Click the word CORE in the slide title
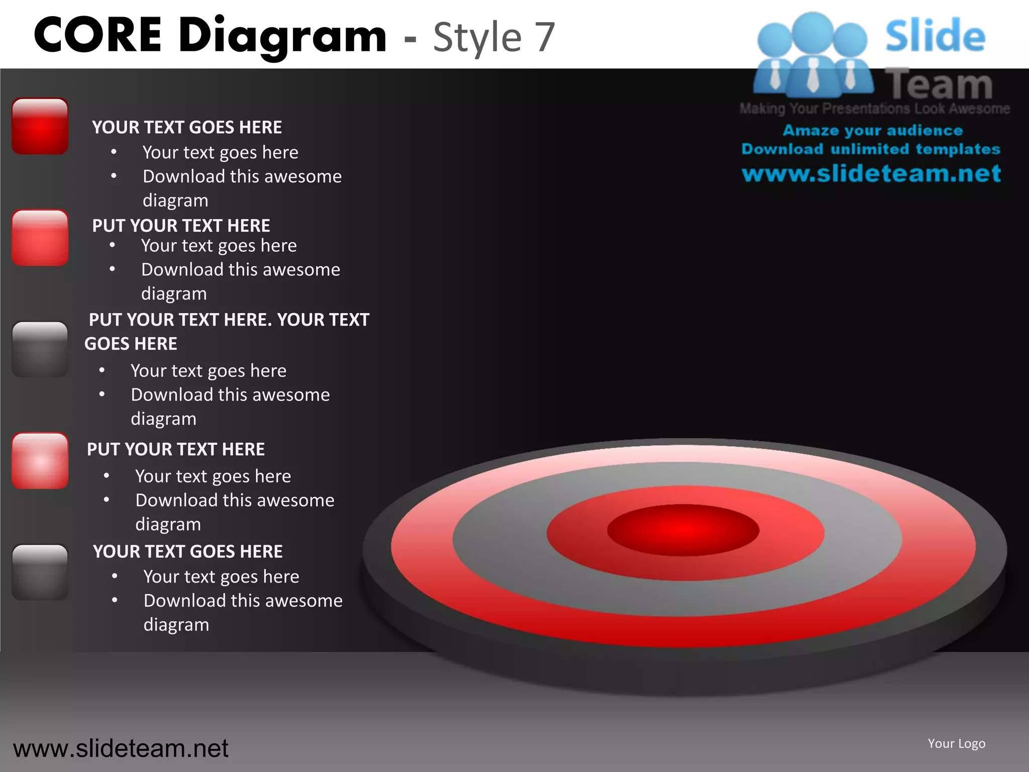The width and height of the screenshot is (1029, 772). (98, 35)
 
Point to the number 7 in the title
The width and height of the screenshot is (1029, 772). (544, 37)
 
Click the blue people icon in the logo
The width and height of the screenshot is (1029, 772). (812, 55)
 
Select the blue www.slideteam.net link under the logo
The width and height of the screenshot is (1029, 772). (871, 173)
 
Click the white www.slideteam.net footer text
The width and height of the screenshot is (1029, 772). (121, 748)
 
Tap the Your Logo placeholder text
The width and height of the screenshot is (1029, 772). (956, 743)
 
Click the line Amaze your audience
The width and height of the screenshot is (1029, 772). (873, 131)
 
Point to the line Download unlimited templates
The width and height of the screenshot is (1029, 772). (871, 149)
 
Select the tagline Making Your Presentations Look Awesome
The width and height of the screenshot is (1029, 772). (874, 109)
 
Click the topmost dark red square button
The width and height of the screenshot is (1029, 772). (40, 126)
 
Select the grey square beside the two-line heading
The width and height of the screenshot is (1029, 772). (40, 349)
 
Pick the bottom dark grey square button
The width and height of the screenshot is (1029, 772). (40, 572)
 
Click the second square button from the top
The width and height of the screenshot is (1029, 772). (40, 238)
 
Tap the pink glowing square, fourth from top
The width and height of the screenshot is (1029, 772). (40, 461)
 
